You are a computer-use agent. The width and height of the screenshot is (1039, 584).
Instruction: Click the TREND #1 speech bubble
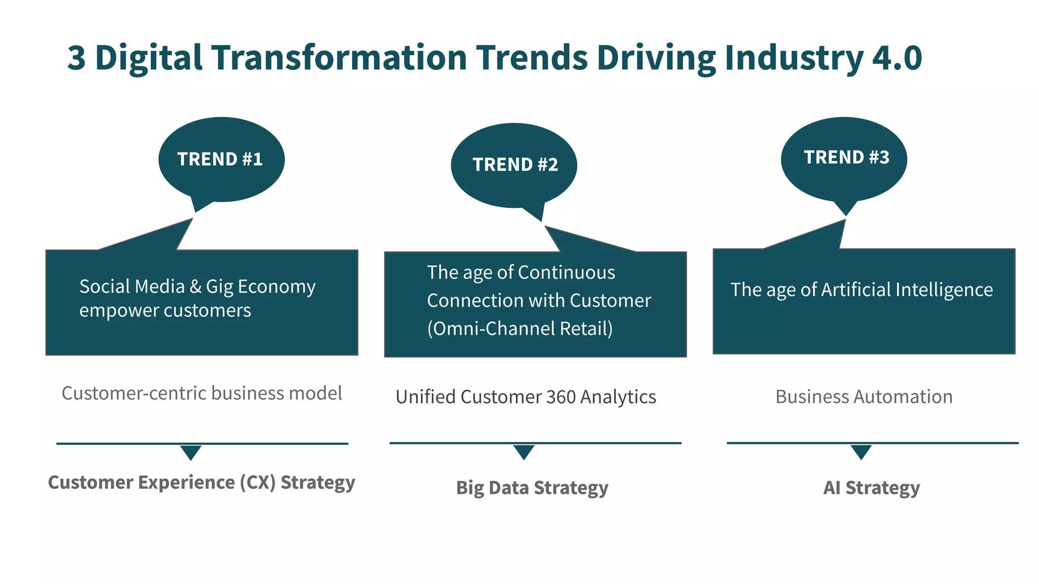coord(221,160)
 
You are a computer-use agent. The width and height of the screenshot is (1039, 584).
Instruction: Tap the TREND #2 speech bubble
coord(514,165)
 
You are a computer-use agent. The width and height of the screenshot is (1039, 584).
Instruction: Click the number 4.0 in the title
coord(896,57)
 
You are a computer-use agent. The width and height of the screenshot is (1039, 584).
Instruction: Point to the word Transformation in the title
coord(339,57)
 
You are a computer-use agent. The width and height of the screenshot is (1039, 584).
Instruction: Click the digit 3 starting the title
coord(77,57)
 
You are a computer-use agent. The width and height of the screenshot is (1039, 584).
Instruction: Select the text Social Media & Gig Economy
coord(197,286)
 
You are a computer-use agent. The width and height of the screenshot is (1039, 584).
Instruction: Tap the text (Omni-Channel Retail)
coord(520,328)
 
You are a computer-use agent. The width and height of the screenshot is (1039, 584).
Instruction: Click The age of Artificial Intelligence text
coord(861,289)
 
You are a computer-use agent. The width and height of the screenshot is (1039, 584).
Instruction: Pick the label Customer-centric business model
coord(202,393)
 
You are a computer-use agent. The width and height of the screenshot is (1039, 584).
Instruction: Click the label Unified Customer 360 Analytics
coord(526,397)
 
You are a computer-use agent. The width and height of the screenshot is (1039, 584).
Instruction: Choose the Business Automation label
coord(864,396)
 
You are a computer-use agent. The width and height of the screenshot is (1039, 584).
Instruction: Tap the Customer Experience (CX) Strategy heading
coord(201,482)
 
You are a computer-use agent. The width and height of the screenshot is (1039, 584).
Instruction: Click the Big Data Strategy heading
coord(532,488)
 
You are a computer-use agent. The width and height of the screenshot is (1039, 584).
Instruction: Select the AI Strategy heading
coord(871,488)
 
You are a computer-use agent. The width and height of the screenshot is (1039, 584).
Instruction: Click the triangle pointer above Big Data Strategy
coord(524,451)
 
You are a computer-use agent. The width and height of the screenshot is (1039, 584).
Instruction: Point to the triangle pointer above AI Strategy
coord(861,451)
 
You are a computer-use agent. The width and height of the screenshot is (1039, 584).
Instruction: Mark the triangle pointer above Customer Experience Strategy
coord(191,452)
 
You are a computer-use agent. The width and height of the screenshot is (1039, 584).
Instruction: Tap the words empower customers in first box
coord(165,310)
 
